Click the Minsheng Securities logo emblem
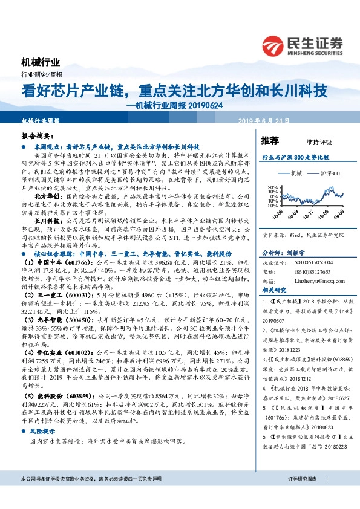(273, 44)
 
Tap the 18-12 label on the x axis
(307, 215)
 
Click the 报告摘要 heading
(36, 137)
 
